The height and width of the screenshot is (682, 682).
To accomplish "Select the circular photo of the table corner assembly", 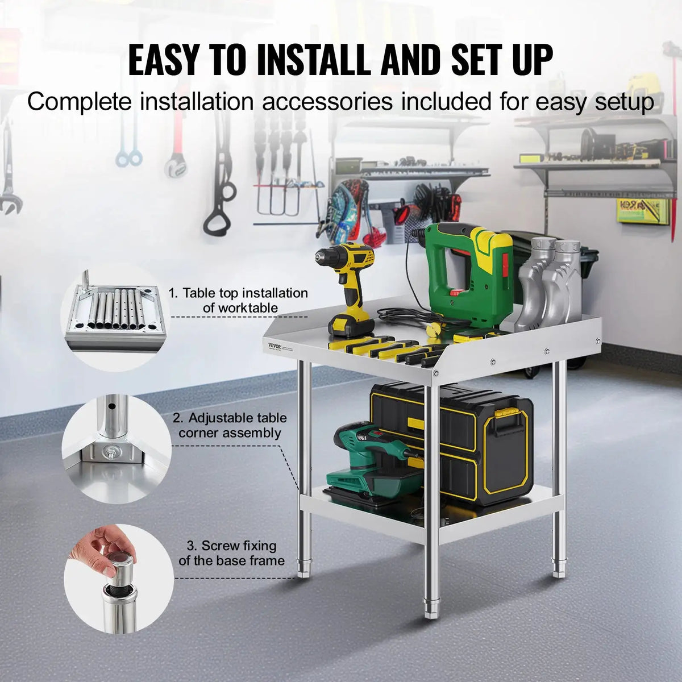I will [x=116, y=449].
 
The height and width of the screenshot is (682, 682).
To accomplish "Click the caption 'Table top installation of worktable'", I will [x=238, y=301].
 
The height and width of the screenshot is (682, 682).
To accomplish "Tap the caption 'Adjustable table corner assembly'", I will [x=230, y=425].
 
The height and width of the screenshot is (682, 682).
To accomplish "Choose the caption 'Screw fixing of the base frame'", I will [x=231, y=553].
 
